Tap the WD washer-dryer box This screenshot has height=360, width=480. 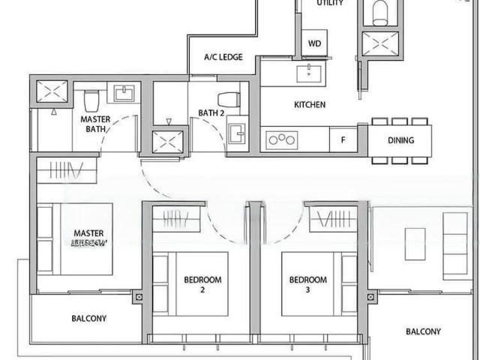coord(314,43)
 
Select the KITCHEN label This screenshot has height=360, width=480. coord(310,105)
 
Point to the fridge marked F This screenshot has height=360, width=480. coord(343,139)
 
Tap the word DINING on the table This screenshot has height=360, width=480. coord(400,139)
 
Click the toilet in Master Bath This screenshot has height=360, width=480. coord(91,100)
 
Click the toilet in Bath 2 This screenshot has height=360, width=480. coord(228,99)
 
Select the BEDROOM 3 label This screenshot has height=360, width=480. coord(308,284)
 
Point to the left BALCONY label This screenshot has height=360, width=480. coord(88,318)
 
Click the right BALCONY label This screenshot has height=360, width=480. coord(423,331)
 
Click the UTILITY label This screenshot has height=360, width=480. coord(330,3)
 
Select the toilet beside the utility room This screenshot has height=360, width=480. coord(379,10)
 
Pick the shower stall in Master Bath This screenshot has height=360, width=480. coord(52,94)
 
